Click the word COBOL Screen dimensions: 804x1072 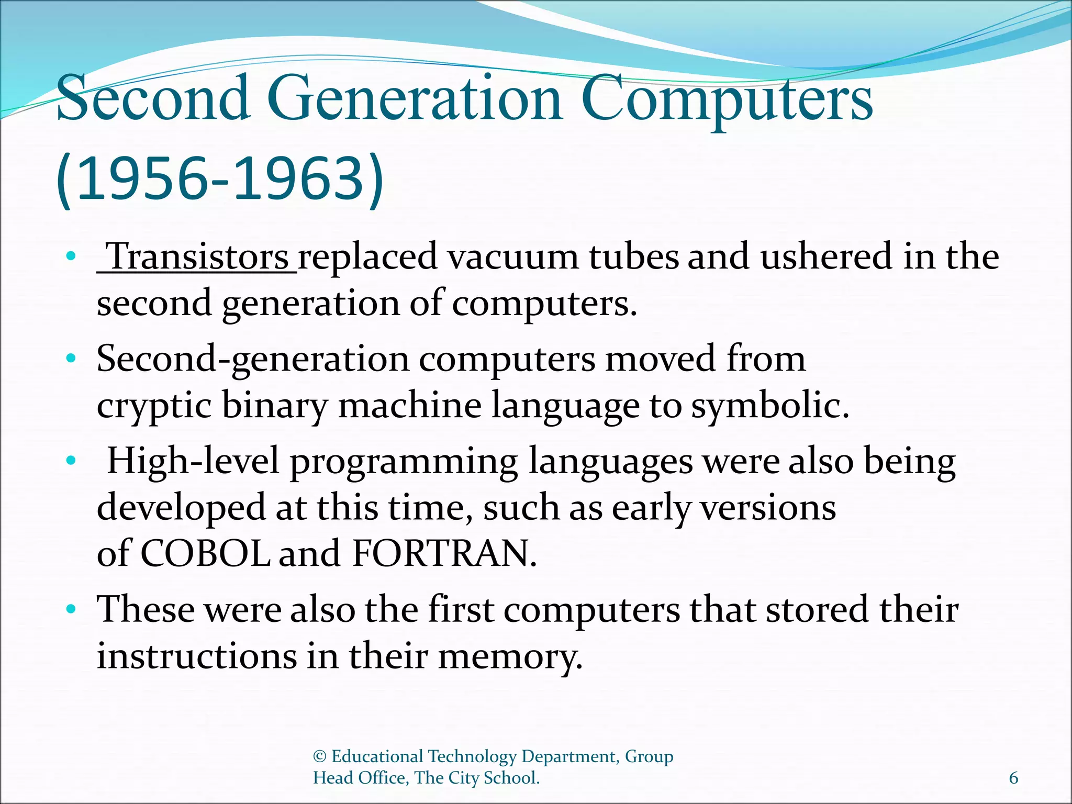point(205,553)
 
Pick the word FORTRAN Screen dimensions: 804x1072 point(444,553)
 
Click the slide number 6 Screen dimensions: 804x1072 point(1013,778)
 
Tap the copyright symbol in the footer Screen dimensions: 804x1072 point(319,756)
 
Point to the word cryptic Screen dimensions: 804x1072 point(154,406)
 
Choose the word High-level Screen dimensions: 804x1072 point(193,462)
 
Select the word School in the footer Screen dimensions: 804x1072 point(511,778)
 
